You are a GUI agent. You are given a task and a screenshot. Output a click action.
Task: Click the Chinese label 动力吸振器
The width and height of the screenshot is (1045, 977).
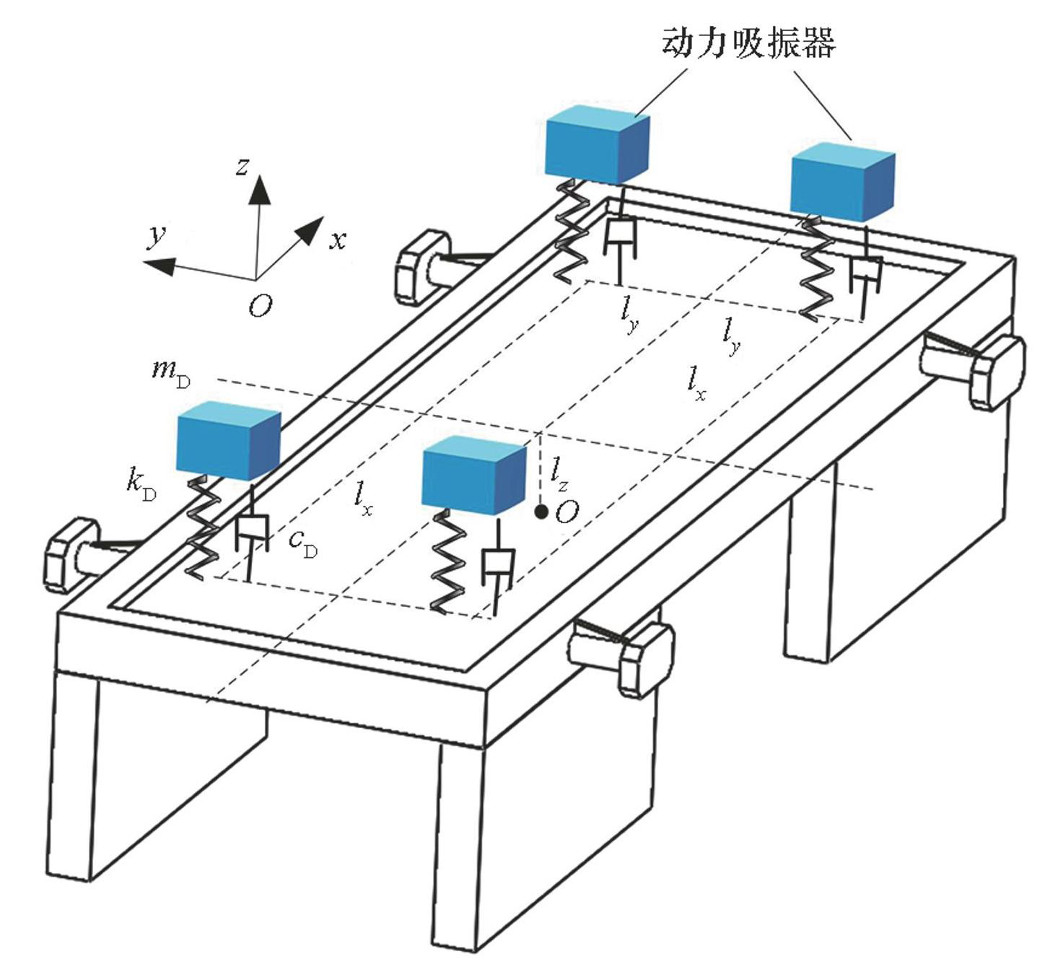pyautogui.click(x=748, y=43)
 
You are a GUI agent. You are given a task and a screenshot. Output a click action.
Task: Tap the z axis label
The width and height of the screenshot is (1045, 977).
pyautogui.click(x=243, y=167)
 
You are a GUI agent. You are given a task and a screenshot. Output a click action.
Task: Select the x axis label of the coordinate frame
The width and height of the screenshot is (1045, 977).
pyautogui.click(x=338, y=240)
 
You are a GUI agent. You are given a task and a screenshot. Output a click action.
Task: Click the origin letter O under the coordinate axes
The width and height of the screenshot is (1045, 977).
pyautogui.click(x=261, y=307)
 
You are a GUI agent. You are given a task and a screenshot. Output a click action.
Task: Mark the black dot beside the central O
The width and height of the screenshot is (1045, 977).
pyautogui.click(x=540, y=512)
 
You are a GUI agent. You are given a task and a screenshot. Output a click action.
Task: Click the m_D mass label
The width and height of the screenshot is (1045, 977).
pyautogui.click(x=170, y=372)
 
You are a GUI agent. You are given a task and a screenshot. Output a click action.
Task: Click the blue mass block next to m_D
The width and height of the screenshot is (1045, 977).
pyautogui.click(x=228, y=442)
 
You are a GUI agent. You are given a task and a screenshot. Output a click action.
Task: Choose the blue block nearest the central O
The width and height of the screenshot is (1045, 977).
pyautogui.click(x=473, y=476)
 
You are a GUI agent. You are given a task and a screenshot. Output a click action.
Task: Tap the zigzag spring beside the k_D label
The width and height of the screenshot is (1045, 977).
pyautogui.click(x=201, y=527)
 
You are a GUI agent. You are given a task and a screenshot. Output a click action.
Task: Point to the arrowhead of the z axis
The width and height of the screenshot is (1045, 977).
pyautogui.click(x=260, y=189)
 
